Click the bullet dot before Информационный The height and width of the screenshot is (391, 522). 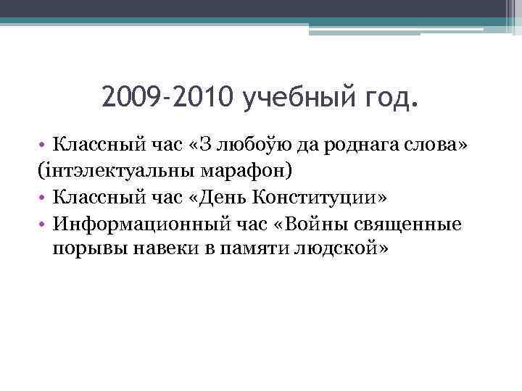coord(44,225)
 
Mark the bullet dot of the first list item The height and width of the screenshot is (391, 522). coord(44,147)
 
